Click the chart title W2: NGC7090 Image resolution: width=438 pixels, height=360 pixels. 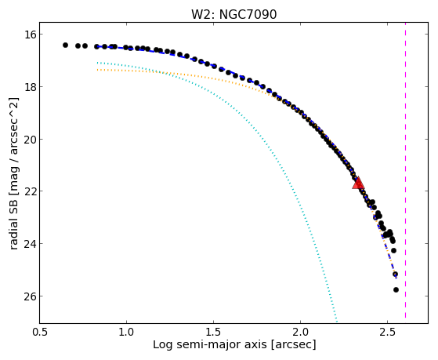[233, 14]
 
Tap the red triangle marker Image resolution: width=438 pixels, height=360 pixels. [358, 183]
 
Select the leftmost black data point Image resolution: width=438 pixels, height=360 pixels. [65, 45]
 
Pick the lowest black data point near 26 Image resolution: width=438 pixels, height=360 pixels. [396, 289]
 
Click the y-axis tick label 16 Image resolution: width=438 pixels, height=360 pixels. [30, 35]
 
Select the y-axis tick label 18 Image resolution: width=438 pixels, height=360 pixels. [30, 87]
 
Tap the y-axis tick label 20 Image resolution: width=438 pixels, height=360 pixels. [30, 139]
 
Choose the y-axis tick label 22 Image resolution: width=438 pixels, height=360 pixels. [30, 191]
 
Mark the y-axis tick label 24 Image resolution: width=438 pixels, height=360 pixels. [30, 243]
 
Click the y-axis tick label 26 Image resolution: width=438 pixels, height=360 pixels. [30, 296]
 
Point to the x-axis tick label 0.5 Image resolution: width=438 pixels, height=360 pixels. [40, 332]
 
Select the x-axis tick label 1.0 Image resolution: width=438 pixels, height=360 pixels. [126, 332]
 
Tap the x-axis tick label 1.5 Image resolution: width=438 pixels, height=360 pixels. [213, 332]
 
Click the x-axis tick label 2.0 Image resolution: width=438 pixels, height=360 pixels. [300, 332]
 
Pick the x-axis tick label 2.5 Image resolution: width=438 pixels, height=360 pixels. [387, 332]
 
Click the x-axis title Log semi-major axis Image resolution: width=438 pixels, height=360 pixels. [210, 344]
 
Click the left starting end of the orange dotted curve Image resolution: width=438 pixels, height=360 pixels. [97, 70]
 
